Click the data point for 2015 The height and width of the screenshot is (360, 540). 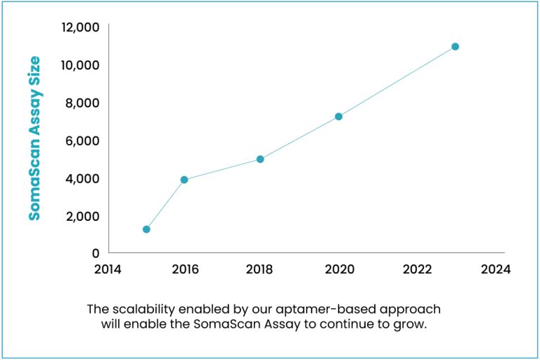click(146, 229)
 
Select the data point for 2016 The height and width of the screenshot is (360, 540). click(184, 179)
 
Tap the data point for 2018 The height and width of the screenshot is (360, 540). click(260, 159)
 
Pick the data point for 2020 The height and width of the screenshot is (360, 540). click(338, 116)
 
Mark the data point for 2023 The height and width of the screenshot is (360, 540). click(455, 46)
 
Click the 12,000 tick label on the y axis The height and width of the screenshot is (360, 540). click(80, 27)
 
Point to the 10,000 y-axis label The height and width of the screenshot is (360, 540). click(80, 65)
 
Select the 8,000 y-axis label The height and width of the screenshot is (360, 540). click(83, 103)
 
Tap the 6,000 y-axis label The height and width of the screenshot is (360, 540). click(83, 141)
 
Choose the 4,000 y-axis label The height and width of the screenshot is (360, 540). click(83, 179)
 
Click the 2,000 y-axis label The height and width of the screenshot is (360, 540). click(83, 216)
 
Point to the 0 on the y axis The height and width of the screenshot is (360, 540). click(95, 253)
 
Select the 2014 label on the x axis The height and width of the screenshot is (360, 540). click(108, 269)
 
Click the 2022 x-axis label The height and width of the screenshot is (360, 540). click(418, 269)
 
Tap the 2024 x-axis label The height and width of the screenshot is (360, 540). click(495, 269)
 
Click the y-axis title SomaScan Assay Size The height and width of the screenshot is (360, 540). click(34, 139)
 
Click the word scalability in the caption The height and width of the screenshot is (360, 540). click(143, 309)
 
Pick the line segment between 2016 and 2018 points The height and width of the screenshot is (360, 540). click(222, 169)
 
